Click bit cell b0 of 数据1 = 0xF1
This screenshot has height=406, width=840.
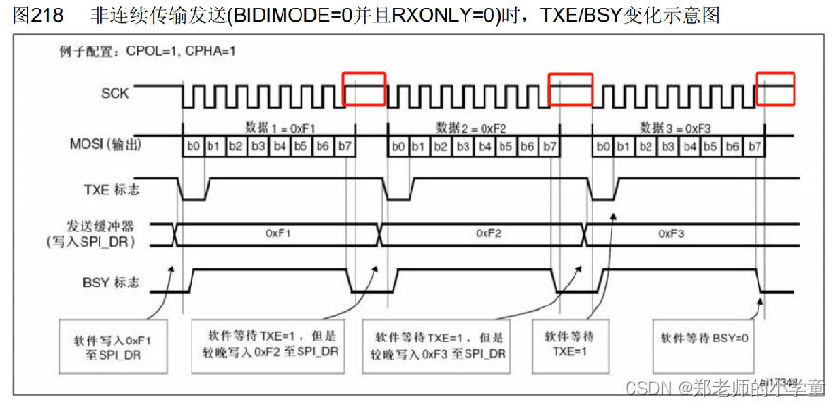point(192,146)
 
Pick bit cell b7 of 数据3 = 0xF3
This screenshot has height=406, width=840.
point(755,146)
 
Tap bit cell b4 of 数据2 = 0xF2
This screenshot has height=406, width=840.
point(484,146)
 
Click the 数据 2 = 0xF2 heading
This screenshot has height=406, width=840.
point(472,127)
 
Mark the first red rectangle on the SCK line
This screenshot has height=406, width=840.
point(364,87)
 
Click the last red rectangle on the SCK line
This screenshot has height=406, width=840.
point(774,87)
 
